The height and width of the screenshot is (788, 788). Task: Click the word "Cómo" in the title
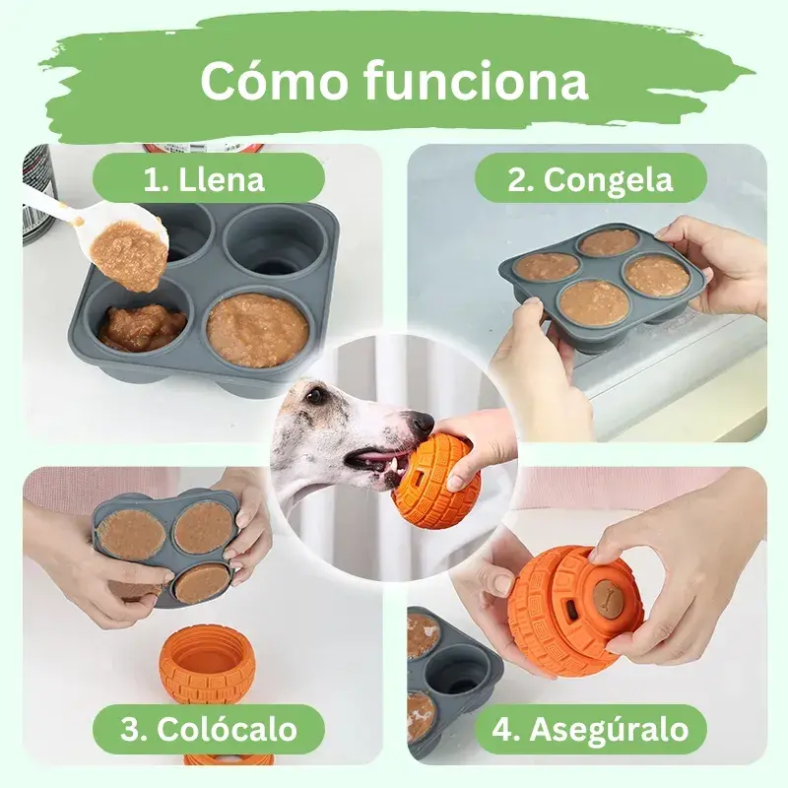275,81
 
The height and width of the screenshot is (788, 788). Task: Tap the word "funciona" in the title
475,80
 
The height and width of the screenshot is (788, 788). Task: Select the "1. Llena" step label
204,179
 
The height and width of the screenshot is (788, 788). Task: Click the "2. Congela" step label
589,179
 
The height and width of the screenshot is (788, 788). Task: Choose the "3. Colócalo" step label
209,729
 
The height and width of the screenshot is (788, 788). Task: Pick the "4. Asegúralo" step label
590,730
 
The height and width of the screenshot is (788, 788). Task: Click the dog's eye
314,395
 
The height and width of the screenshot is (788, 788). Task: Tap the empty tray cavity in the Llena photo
276,246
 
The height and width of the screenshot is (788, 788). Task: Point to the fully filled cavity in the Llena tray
257,331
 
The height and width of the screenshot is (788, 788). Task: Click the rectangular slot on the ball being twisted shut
571,609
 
